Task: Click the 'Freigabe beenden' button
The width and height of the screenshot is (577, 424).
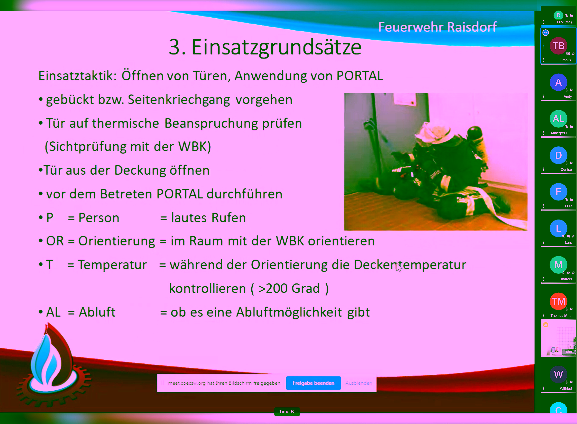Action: [x=314, y=383]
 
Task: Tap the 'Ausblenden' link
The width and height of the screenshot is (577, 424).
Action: [x=359, y=383]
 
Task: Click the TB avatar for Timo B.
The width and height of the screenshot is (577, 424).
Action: [x=558, y=46]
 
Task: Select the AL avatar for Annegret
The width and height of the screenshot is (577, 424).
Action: [x=558, y=119]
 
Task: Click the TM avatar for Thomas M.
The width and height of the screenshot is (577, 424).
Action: [x=558, y=301]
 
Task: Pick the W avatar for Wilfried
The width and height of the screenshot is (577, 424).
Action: [x=558, y=375]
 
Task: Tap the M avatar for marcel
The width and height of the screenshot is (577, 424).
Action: [x=558, y=265]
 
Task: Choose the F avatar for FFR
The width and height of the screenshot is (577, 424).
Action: [x=558, y=192]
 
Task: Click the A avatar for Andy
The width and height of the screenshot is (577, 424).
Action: [x=558, y=82]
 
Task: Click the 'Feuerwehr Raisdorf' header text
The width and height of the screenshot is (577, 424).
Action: [x=438, y=27]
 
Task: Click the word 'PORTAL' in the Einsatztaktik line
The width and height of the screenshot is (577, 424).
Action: [x=360, y=76]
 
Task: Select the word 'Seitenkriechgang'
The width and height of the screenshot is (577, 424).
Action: [x=179, y=100]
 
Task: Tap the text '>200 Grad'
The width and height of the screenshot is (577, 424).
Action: [x=289, y=288]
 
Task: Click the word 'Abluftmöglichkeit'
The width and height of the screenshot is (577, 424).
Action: [x=289, y=312]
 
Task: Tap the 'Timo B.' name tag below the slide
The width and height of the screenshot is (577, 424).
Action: [x=287, y=412]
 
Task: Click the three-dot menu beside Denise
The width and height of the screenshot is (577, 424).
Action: [x=544, y=169]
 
